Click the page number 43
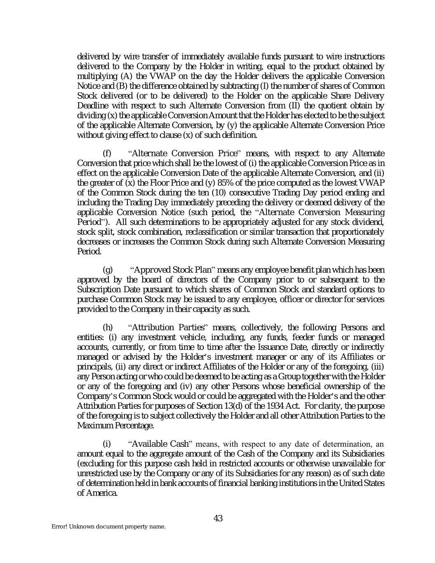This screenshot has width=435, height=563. click(x=218, y=518)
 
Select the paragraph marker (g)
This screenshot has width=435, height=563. click(x=107, y=270)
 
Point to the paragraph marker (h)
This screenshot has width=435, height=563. click(x=107, y=327)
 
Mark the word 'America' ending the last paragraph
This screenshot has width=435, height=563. click(x=102, y=493)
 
